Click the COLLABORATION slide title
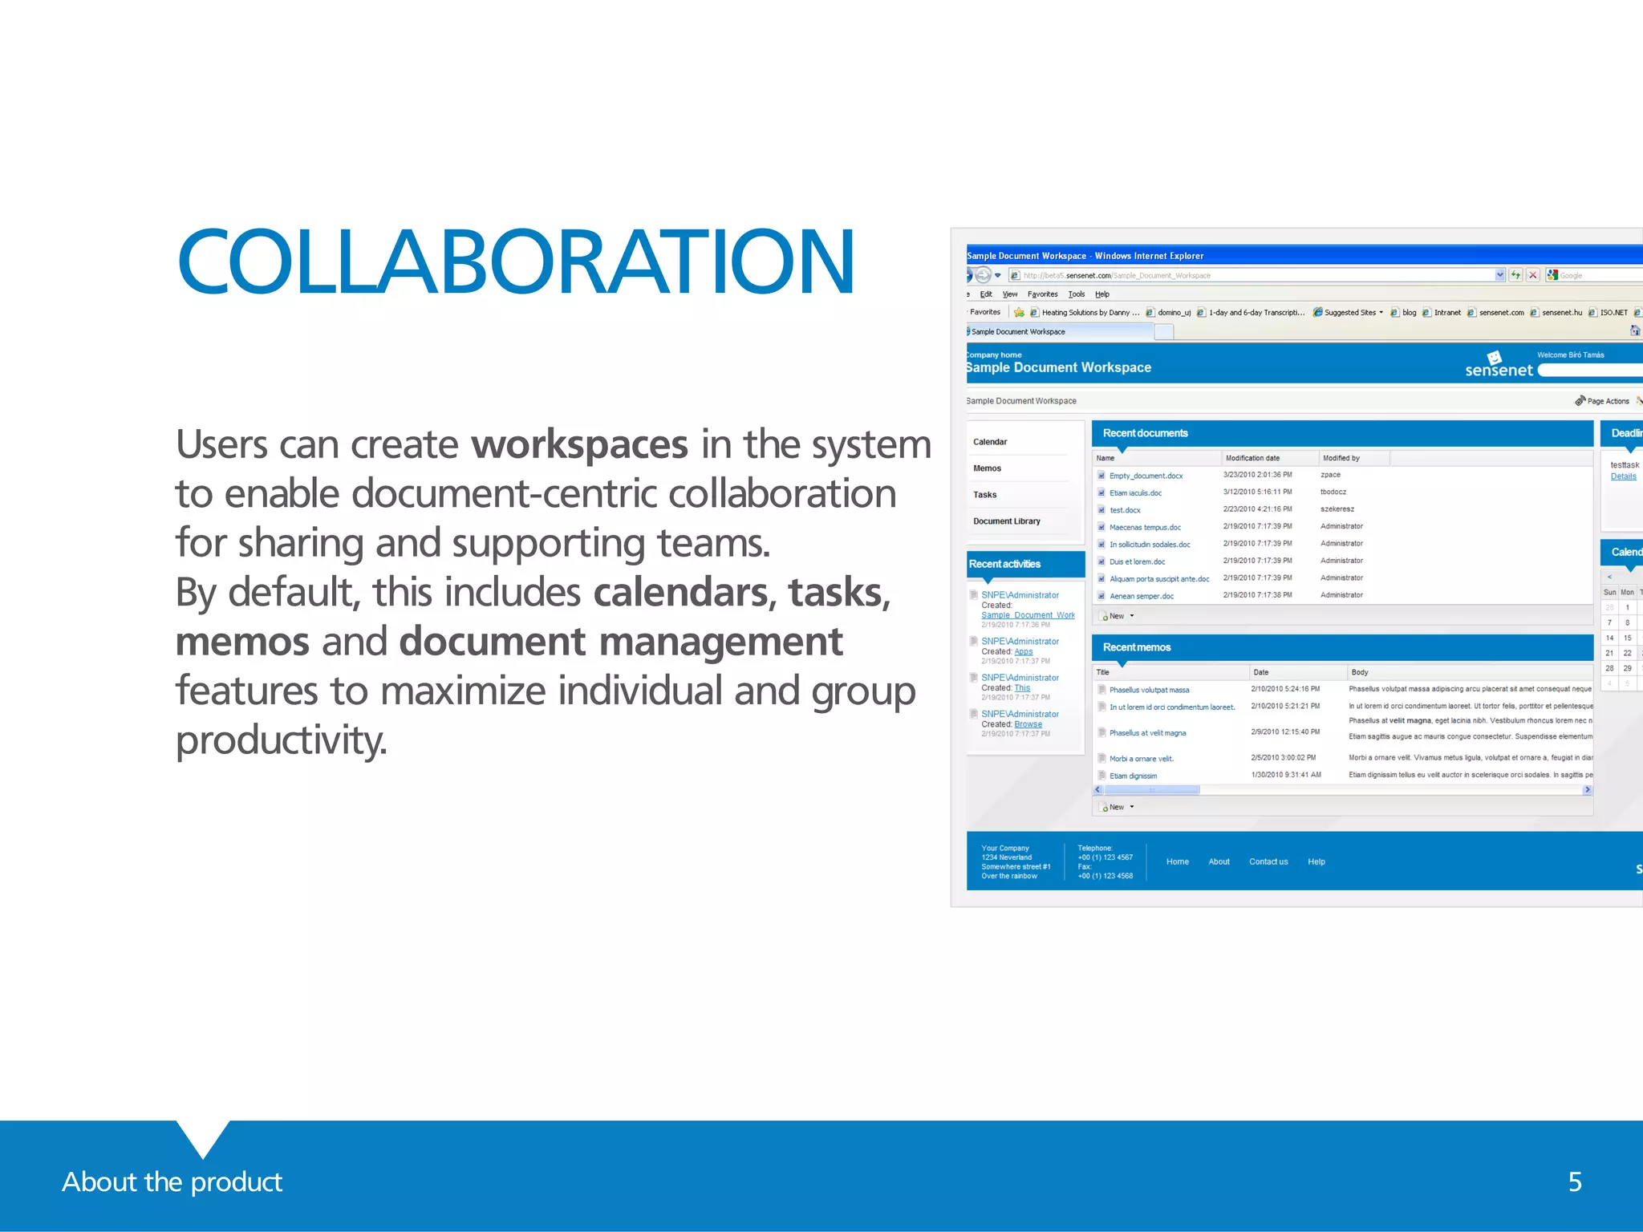pyautogui.click(x=516, y=261)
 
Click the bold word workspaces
pyautogui.click(x=579, y=444)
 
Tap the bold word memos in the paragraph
pyautogui.click(x=242, y=642)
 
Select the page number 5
pyautogui.click(x=1575, y=1181)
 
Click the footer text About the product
pyautogui.click(x=172, y=1181)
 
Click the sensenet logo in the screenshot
pyautogui.click(x=1498, y=367)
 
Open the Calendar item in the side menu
pyautogui.click(x=990, y=442)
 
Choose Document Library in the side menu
pyautogui.click(x=1006, y=521)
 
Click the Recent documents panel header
pyautogui.click(x=1145, y=433)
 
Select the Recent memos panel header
pyautogui.click(x=1136, y=647)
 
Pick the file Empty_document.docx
pyautogui.click(x=1146, y=476)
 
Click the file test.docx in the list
pyautogui.click(x=1125, y=510)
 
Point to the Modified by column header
pyautogui.click(x=1341, y=458)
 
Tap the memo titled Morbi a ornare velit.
pyautogui.click(x=1141, y=759)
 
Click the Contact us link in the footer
pyautogui.click(x=1268, y=861)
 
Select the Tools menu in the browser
pyautogui.click(x=1076, y=294)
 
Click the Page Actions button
pyautogui.click(x=1607, y=401)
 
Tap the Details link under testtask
pyautogui.click(x=1623, y=476)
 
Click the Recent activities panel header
pyautogui.click(x=1004, y=564)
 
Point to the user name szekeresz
pyautogui.click(x=1337, y=509)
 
